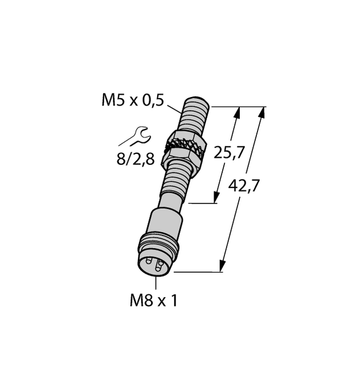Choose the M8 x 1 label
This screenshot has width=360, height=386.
(153, 300)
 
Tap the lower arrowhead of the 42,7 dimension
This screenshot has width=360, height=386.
(222, 267)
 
